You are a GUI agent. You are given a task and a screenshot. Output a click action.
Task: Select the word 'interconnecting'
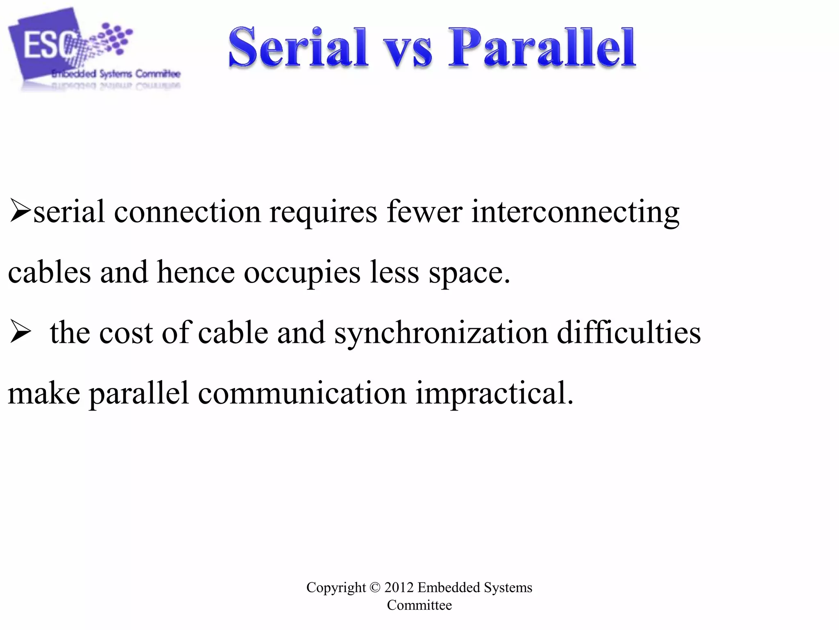(575, 212)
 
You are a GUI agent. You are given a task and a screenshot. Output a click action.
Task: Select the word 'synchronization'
(441, 333)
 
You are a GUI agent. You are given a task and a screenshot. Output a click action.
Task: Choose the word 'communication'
(302, 393)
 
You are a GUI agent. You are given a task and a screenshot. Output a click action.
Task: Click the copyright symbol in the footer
(375, 587)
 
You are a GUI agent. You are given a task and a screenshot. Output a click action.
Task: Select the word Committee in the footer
(419, 605)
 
